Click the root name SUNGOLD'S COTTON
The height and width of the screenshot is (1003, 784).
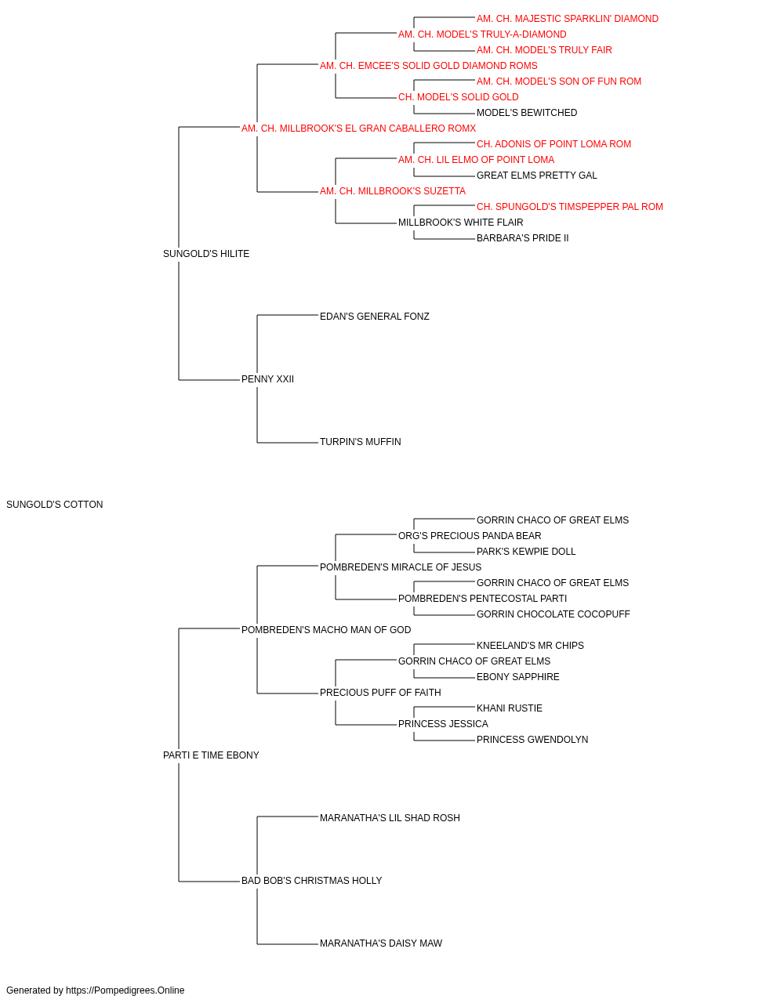54,505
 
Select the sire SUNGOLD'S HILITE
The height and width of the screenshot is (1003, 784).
206,254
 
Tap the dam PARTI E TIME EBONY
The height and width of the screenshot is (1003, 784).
211,755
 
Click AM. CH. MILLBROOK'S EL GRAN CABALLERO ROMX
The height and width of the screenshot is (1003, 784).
358,129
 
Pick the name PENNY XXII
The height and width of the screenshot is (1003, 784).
267,379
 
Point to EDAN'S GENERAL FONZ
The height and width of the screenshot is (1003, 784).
375,316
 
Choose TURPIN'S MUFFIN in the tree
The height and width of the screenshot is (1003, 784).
360,442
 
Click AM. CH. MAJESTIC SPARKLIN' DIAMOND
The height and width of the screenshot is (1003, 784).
568,19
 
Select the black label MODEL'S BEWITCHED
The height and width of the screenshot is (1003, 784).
527,113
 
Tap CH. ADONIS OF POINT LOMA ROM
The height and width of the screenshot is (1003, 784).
554,144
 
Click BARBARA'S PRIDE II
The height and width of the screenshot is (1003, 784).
522,238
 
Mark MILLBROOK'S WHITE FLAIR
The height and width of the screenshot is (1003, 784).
460,223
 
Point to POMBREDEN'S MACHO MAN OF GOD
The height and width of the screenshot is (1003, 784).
326,630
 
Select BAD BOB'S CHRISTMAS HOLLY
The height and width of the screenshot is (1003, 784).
312,881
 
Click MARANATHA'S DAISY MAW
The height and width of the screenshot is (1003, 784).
381,943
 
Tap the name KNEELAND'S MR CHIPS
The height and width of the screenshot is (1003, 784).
530,646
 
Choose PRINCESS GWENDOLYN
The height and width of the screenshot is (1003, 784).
532,740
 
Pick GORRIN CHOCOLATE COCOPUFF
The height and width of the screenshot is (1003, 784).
554,614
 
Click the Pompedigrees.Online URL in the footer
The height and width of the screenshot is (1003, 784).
125,990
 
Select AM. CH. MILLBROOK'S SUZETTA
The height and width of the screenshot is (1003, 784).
393,191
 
